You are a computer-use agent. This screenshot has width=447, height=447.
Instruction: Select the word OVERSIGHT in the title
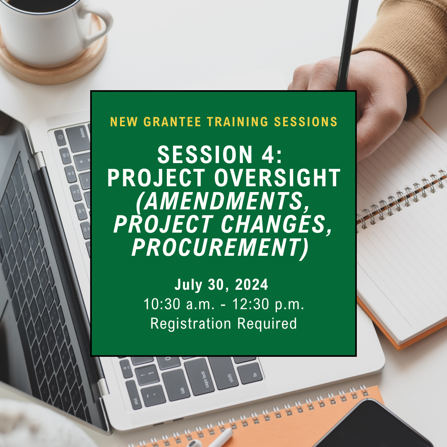pos(277,178)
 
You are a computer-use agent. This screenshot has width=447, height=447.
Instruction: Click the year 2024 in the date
pos(252,284)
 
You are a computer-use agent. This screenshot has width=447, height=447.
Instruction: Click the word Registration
pos(191,324)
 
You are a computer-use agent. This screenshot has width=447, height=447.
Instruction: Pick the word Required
pos(267,324)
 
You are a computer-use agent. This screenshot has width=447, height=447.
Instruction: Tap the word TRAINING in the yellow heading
pos(238,122)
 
